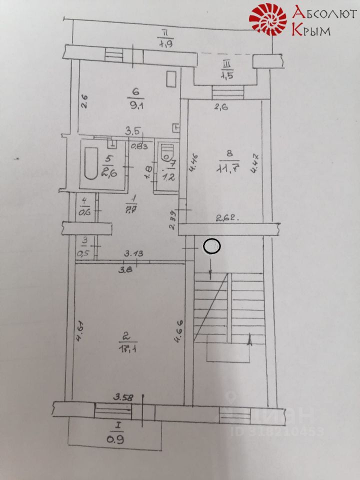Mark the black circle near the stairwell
(212, 246)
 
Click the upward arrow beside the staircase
(250, 340)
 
